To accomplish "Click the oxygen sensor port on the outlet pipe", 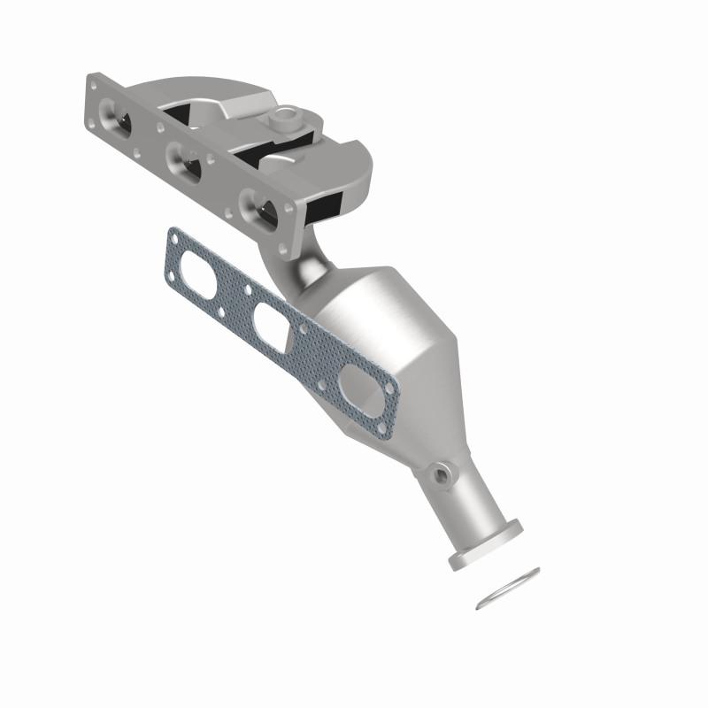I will point(440,475).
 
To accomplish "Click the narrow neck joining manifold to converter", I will point(305,265).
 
